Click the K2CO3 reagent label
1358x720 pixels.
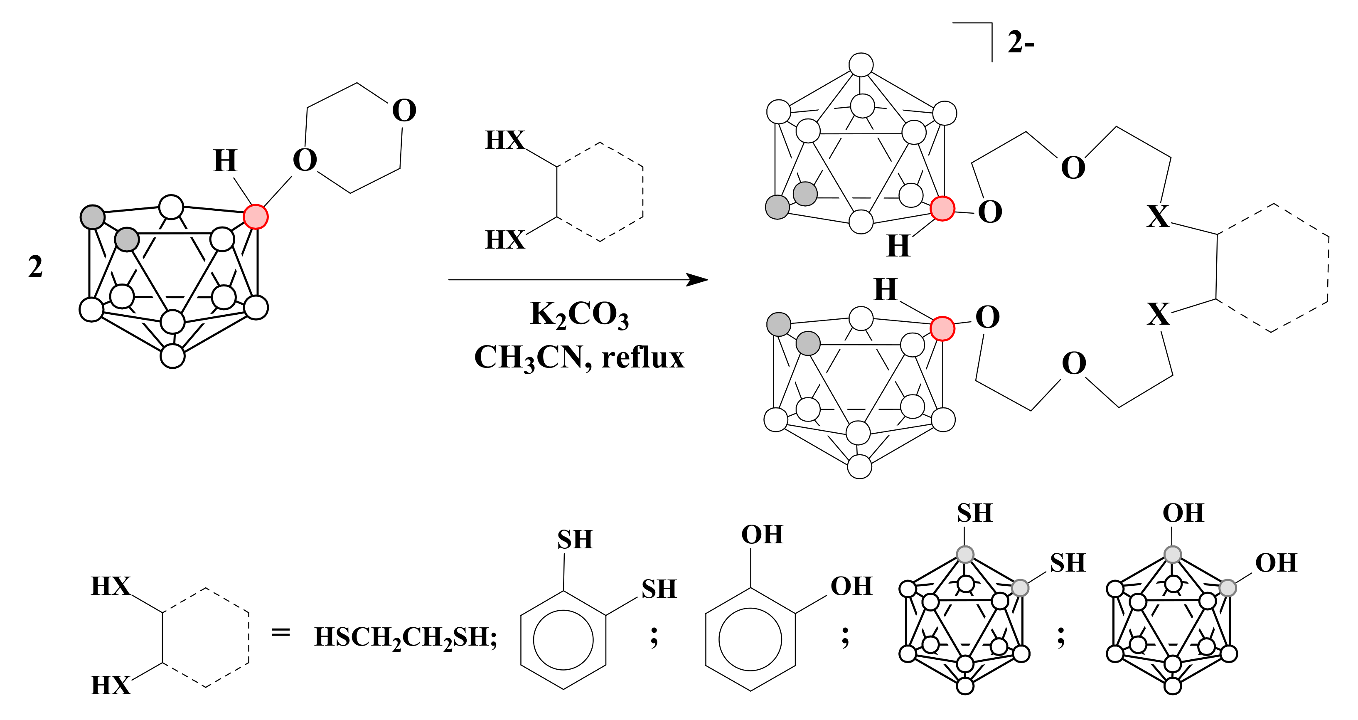pyautogui.click(x=579, y=315)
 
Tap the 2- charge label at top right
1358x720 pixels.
pyautogui.click(x=1021, y=42)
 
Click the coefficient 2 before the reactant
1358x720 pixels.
pyautogui.click(x=35, y=267)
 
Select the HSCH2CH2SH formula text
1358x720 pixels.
pyautogui.click(x=405, y=637)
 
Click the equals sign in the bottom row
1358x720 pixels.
pyautogui.click(x=280, y=632)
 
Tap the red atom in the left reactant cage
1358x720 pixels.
pyautogui.click(x=256, y=216)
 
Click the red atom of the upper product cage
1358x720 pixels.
pyautogui.click(x=942, y=208)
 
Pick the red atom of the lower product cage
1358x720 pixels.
pyautogui.click(x=942, y=329)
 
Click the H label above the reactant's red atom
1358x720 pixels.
pyautogui.click(x=225, y=161)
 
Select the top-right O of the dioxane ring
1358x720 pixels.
pyautogui.click(x=404, y=111)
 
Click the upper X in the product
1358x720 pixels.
pyautogui.click(x=1158, y=216)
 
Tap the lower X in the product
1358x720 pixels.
pyautogui.click(x=1158, y=314)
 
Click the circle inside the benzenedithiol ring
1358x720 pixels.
pyautogui.click(x=563, y=640)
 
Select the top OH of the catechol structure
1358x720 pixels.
pyautogui.click(x=762, y=535)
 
